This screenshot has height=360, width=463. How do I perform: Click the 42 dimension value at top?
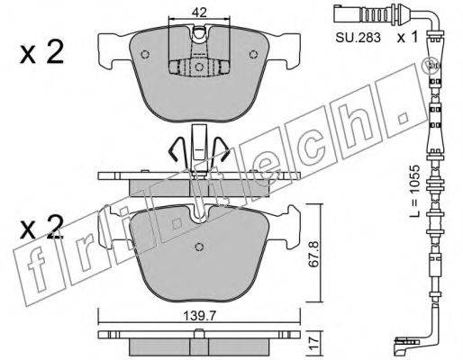pos(199,13)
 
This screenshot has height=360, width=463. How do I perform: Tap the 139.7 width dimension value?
pos(200,316)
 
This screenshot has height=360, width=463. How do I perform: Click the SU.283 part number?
pos(358,38)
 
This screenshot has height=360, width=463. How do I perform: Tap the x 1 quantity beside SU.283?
pos(407,38)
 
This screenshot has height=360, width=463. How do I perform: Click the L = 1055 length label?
pos(415,191)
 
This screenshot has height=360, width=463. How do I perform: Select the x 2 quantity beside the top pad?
pos(41,52)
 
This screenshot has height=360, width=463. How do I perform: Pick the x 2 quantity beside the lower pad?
pos(41,228)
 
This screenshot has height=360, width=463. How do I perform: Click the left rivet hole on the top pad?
pos(145,54)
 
